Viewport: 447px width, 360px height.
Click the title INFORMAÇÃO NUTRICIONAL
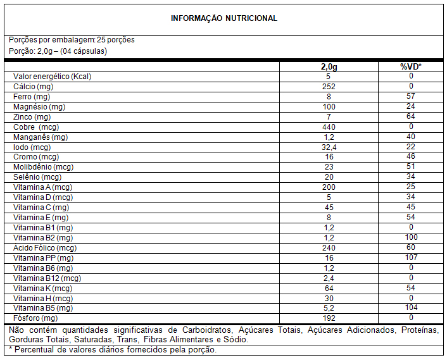pos(223,18)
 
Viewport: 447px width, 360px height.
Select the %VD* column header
pos(410,66)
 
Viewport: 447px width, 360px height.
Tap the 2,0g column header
pos(328,66)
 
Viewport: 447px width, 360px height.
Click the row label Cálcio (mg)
pos(32,87)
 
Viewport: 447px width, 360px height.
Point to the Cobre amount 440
pos(328,127)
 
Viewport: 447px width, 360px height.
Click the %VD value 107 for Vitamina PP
pos(410,258)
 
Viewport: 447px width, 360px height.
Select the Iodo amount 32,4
pos(328,147)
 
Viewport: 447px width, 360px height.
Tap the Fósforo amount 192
pos(328,318)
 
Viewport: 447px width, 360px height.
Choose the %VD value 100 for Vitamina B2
pos(410,238)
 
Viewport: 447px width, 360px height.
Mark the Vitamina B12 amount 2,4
pos(328,278)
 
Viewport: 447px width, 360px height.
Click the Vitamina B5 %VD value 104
pos(410,308)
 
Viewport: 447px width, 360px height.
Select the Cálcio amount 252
pos(328,87)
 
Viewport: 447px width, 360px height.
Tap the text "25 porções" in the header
pos(116,40)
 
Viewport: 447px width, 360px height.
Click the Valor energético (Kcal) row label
pos(53,77)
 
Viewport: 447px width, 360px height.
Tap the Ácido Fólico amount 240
pos(328,248)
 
